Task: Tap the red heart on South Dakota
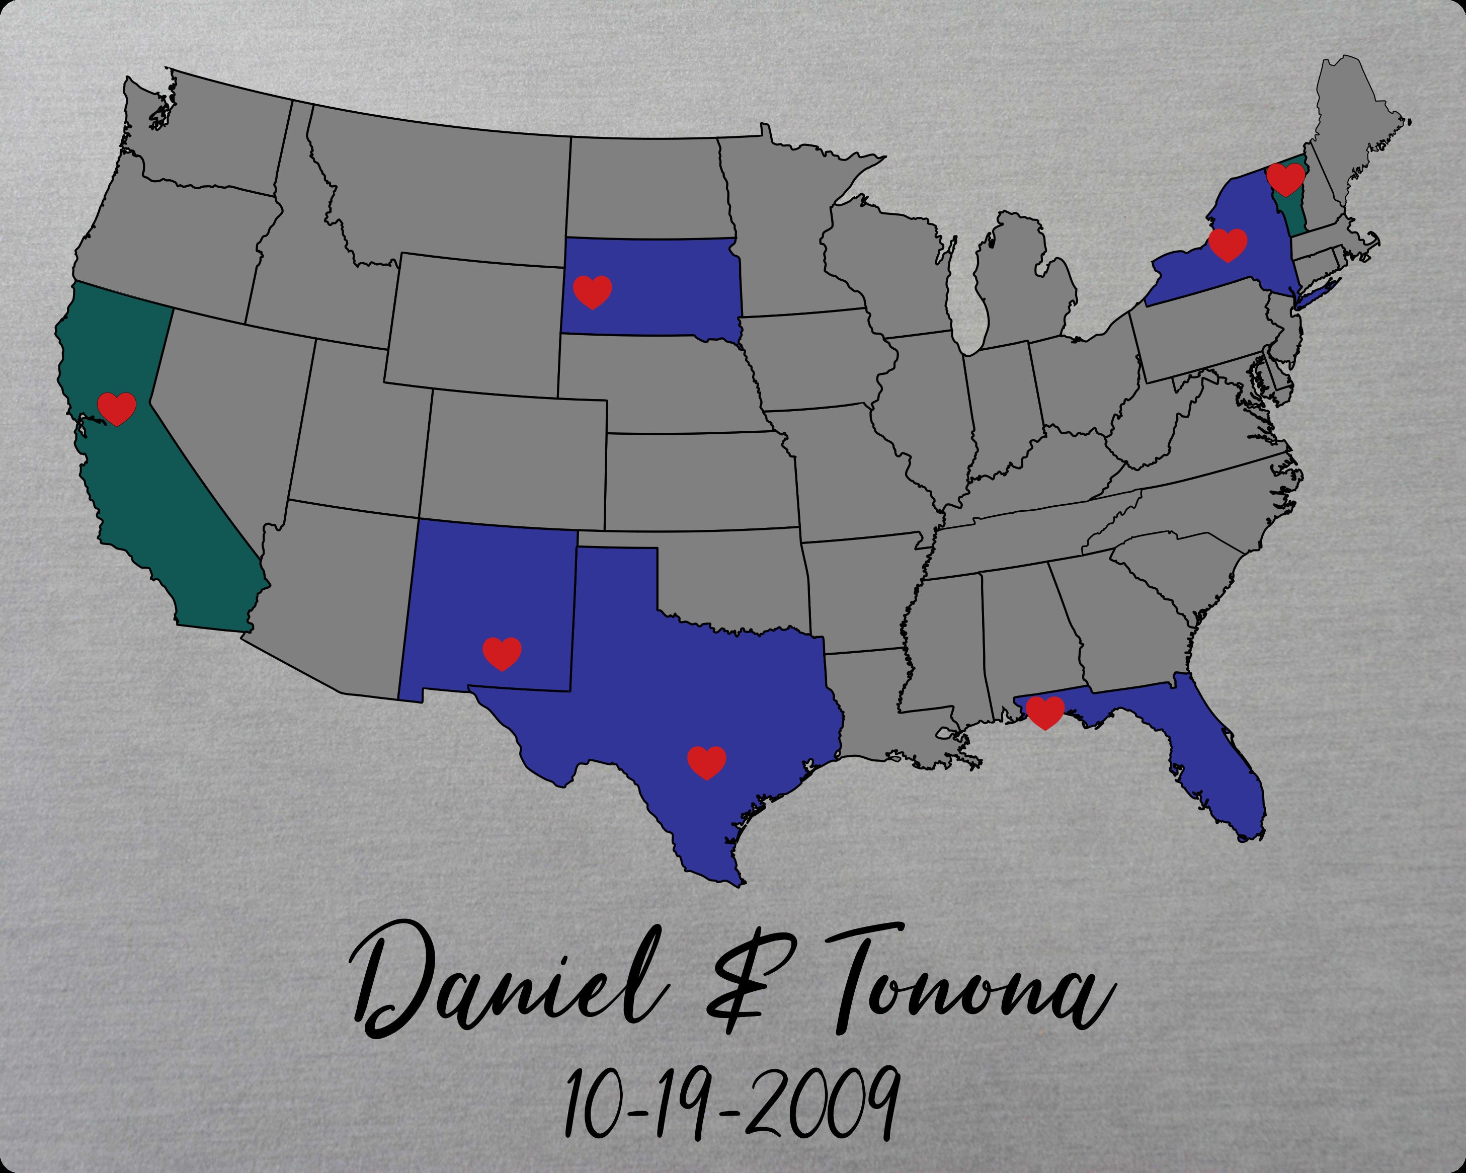[592, 292]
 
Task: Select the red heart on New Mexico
[502, 654]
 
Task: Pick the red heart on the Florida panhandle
[1045, 712]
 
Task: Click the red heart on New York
[1228, 244]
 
